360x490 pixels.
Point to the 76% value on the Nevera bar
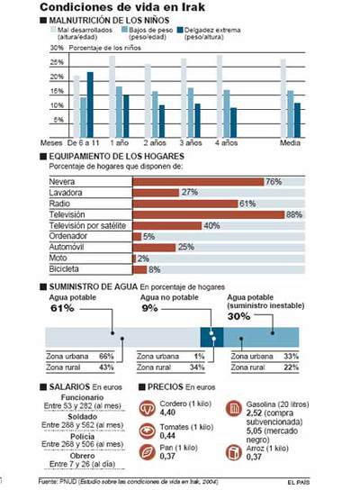(x=274, y=182)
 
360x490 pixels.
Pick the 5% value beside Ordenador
(x=149, y=236)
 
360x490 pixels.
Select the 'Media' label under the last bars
(x=290, y=142)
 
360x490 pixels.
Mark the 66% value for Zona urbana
(x=104, y=356)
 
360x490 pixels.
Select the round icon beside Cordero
(x=146, y=407)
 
